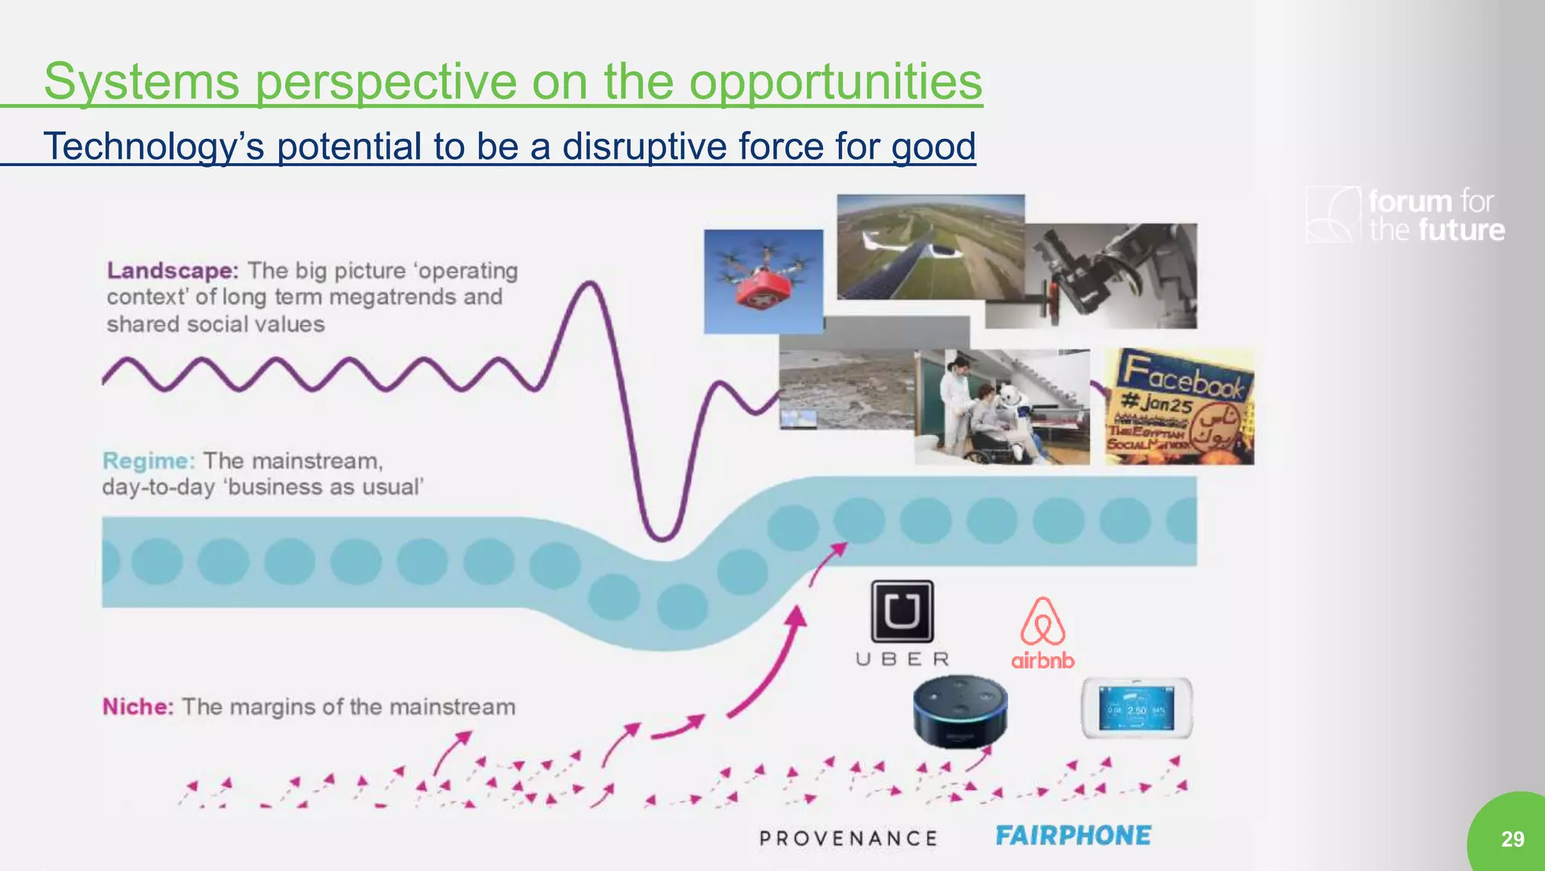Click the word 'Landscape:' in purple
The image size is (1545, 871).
[x=173, y=270]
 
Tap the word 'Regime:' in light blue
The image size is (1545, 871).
[x=149, y=460]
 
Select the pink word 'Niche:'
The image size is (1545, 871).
[x=138, y=706]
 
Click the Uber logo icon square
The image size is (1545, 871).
[x=902, y=611]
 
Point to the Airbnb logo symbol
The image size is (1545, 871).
[x=1043, y=622]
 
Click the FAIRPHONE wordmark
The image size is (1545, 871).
[x=1073, y=836]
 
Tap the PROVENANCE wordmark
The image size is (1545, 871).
[x=849, y=839]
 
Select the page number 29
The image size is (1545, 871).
[x=1512, y=839]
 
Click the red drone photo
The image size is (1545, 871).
[x=763, y=281]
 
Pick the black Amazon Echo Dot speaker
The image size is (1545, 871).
[x=960, y=711]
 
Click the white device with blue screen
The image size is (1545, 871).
[x=1137, y=709]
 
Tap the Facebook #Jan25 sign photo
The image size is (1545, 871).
[x=1179, y=406]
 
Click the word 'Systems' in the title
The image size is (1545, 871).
[x=142, y=82]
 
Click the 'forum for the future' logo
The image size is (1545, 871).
[x=1406, y=215]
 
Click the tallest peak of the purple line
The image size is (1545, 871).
[x=591, y=285]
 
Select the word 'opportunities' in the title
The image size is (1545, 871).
[x=835, y=82]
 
